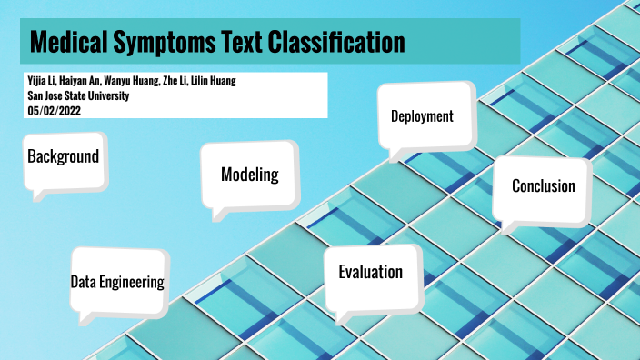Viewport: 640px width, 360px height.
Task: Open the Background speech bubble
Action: tap(63, 156)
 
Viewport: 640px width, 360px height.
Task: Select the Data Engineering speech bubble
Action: tap(117, 282)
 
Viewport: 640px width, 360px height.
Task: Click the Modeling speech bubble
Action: tap(249, 175)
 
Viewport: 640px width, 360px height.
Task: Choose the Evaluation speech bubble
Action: tap(370, 272)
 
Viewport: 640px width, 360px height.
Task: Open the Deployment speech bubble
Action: tap(422, 116)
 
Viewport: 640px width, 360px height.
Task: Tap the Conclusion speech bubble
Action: tap(543, 186)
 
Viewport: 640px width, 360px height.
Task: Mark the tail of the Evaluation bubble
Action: tap(344, 316)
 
